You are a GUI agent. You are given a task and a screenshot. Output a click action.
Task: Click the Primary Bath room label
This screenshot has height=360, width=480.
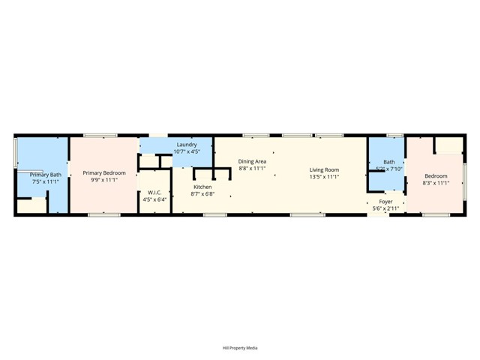[46, 175]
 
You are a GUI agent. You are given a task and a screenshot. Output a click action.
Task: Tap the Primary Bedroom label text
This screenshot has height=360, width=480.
[104, 173]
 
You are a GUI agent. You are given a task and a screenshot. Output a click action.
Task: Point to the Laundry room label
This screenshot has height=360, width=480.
[187, 144]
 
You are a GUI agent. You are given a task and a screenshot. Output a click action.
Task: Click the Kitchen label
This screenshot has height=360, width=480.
[202, 187]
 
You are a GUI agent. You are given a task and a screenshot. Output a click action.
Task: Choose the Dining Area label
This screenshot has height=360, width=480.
[252, 161]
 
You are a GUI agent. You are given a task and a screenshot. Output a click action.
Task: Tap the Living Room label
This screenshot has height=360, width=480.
[325, 169]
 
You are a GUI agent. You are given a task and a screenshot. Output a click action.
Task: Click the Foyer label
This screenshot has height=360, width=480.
[385, 202]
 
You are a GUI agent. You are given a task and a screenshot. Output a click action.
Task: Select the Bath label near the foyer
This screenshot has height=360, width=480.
[388, 162]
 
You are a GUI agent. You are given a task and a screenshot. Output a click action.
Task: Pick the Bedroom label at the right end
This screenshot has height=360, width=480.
[436, 175]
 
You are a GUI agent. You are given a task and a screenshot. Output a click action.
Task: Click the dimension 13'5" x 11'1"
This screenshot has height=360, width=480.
[325, 177]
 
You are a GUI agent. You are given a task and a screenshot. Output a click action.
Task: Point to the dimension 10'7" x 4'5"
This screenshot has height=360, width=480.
[187, 151]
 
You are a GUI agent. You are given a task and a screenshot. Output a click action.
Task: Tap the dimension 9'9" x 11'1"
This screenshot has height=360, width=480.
[104, 181]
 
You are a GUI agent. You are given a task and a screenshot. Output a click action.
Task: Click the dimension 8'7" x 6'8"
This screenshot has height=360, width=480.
[202, 194]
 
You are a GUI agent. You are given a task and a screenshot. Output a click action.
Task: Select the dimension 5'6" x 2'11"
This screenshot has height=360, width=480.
[385, 208]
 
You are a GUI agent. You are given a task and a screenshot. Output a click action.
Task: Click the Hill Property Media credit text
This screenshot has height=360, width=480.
[240, 348]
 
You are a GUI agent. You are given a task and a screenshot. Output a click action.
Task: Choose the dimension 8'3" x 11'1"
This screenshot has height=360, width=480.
[436, 183]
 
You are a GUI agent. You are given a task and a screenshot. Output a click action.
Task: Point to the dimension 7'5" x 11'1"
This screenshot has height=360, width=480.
[46, 182]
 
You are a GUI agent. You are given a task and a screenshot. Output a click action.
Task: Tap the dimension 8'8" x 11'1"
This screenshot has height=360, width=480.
[252, 169]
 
